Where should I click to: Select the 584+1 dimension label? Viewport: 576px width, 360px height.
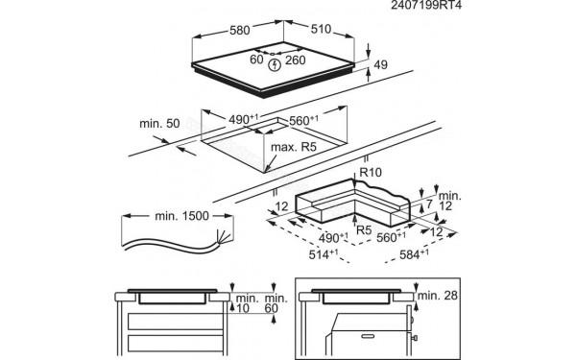[416, 254]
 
